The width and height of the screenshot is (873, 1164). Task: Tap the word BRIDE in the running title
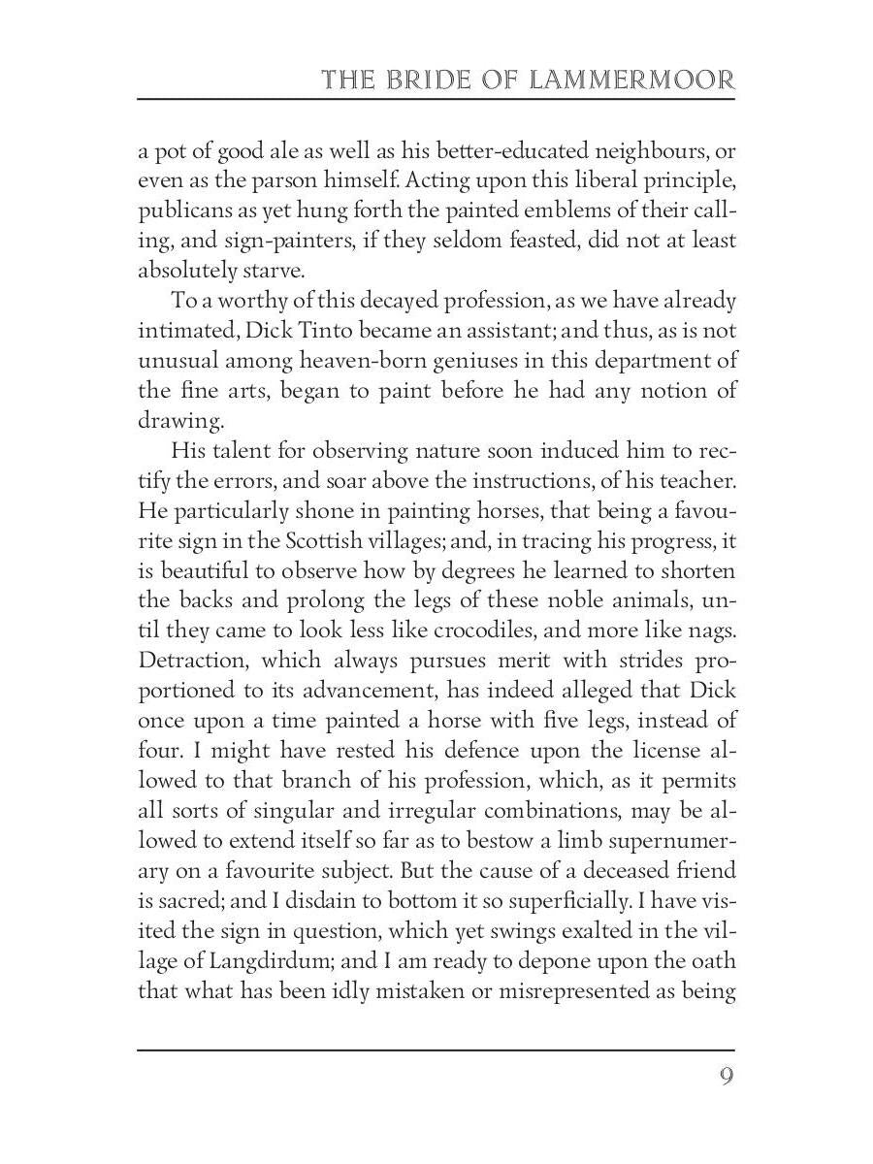428,80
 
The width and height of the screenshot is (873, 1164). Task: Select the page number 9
726,1077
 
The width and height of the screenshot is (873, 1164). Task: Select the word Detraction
190,660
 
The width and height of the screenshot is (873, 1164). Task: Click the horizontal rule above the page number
436,1049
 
